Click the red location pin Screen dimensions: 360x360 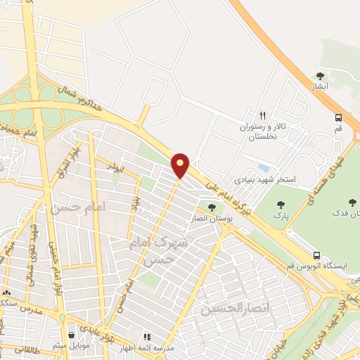(181, 164)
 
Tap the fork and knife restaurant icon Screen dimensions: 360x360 (262, 115)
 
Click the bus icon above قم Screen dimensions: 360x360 (339, 117)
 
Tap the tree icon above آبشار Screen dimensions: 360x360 (320, 76)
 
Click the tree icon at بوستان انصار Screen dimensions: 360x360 (211, 207)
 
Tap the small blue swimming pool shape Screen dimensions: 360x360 (264, 168)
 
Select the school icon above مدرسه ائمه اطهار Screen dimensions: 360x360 (148, 337)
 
